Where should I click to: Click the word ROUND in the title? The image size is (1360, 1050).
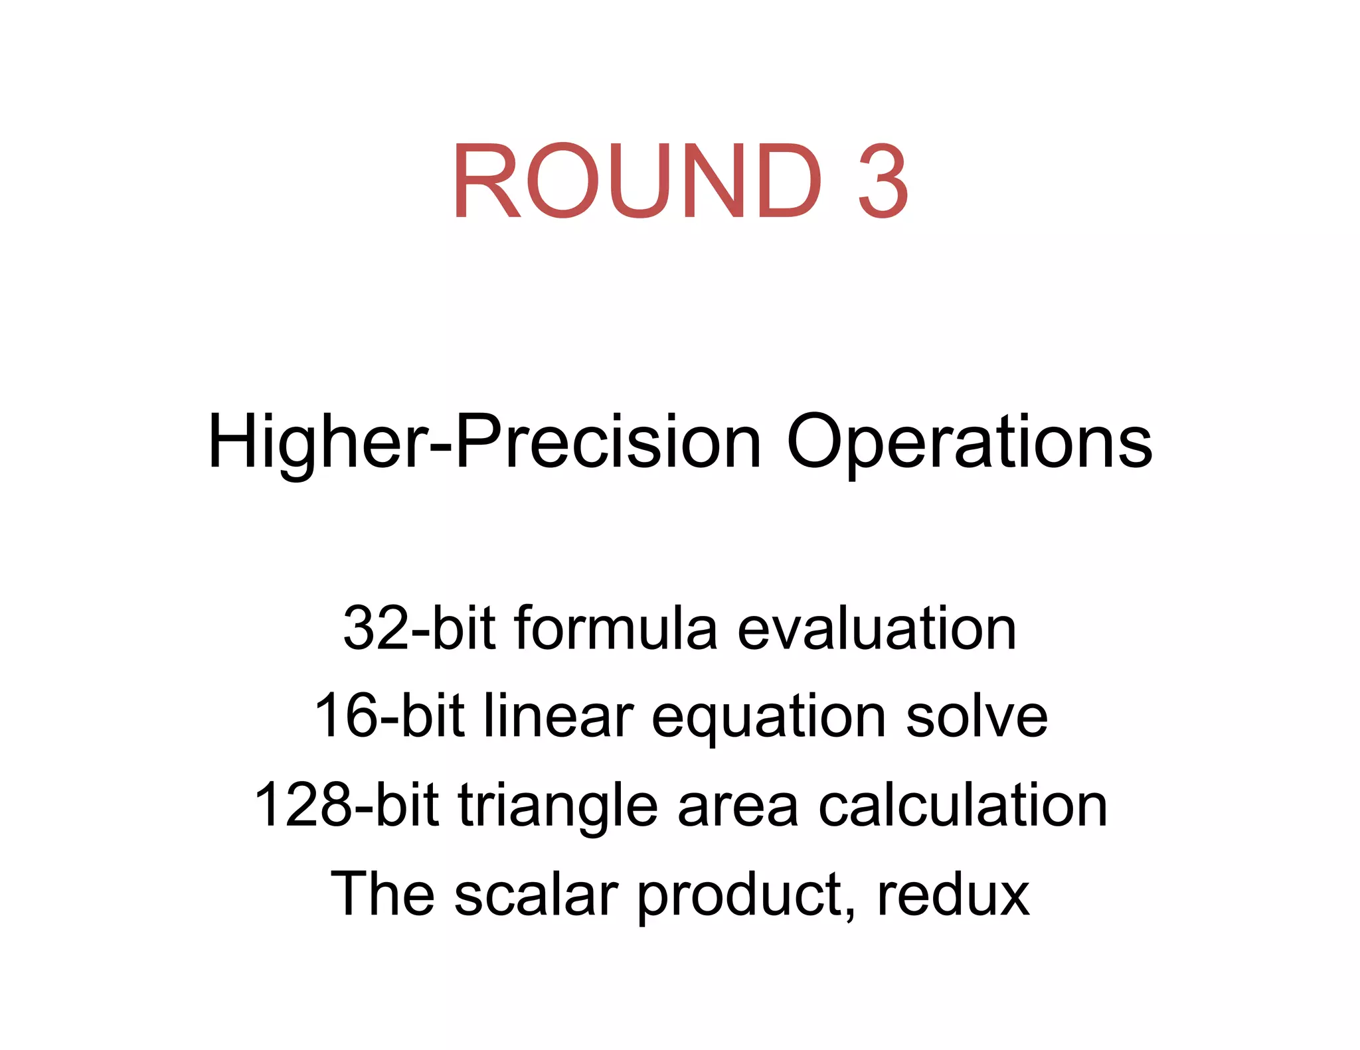coord(637,181)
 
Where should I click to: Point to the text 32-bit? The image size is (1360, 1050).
coord(419,628)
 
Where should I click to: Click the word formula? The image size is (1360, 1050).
coord(616,628)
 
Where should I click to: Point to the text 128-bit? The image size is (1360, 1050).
coord(347,804)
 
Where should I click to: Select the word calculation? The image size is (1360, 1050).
coord(962,804)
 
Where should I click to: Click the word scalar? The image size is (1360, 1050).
coord(537,893)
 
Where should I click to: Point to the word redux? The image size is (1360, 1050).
coord(953,893)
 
